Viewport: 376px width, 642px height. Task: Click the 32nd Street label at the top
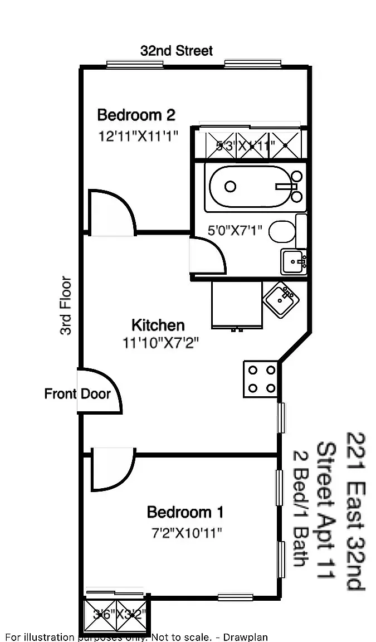point(176,51)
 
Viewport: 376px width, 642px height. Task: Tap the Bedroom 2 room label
point(136,115)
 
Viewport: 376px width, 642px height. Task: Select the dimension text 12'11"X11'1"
point(138,135)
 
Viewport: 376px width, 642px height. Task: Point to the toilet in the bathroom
point(283,232)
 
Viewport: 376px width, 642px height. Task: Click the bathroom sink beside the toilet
point(293,261)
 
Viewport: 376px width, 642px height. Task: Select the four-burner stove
point(261,379)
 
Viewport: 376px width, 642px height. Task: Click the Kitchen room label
point(158,325)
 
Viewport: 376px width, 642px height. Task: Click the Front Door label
point(77,394)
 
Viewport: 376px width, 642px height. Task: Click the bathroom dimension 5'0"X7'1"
point(235,229)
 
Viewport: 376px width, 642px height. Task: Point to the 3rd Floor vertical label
point(66,305)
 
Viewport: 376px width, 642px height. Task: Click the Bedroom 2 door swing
point(111,213)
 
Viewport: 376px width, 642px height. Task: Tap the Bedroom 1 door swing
point(111,469)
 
